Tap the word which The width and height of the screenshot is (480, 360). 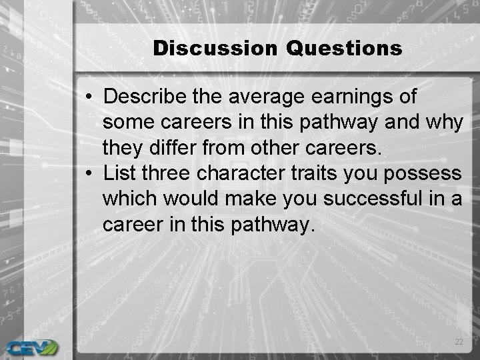tap(131, 199)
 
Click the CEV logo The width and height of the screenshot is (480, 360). tap(31, 346)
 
